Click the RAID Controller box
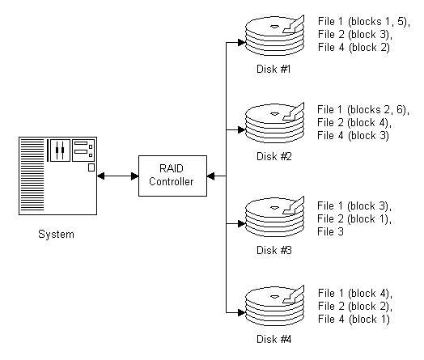(172, 176)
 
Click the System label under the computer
(56, 235)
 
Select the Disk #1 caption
(273, 70)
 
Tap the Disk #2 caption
(274, 156)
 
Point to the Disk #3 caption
(274, 250)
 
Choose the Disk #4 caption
(274, 339)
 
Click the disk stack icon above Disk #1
(275, 36)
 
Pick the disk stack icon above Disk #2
(275, 123)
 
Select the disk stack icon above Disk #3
(275, 217)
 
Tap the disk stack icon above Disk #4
(275, 306)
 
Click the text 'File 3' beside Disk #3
(330, 232)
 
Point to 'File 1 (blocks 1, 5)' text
(363, 22)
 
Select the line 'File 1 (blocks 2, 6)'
(363, 110)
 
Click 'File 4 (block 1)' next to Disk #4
(354, 320)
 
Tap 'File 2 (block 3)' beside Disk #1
(354, 35)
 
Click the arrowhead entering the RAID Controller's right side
(210, 176)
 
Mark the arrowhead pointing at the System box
(100, 176)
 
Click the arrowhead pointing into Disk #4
(241, 313)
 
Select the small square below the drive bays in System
(91, 167)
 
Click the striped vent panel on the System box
(32, 175)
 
